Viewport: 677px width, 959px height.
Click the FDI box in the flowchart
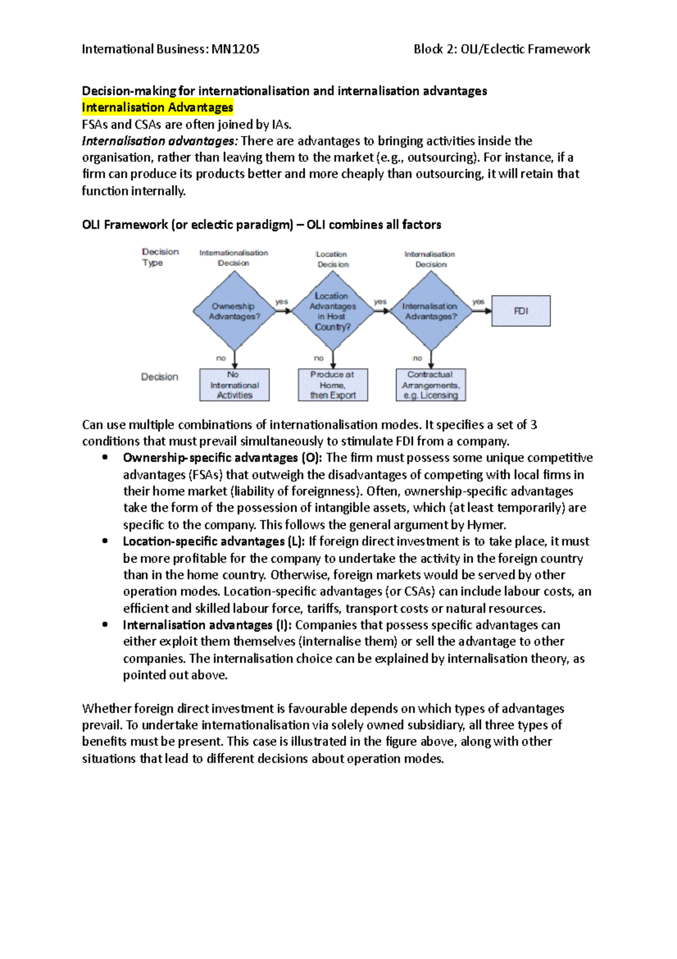tap(521, 311)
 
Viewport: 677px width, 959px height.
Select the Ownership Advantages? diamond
tap(234, 311)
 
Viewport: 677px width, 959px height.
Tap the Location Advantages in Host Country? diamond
tap(332, 311)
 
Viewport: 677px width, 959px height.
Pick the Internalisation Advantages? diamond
tap(430, 311)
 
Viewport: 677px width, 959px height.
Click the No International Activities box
tap(234, 385)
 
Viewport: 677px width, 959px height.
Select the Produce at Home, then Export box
tap(333, 385)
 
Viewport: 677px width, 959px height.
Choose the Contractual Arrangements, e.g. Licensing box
tap(431, 385)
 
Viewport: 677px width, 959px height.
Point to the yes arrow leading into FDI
tap(481, 310)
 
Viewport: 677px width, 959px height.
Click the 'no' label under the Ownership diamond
tap(221, 358)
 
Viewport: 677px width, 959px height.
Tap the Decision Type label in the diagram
tap(160, 257)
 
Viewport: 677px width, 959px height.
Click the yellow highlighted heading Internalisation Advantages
tap(157, 107)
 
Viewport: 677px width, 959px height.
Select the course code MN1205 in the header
tap(236, 49)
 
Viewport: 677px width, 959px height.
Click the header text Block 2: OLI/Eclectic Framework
tap(502, 49)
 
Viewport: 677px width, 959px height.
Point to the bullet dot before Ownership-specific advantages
tap(105, 457)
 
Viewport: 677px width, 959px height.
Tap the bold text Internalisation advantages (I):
tap(208, 625)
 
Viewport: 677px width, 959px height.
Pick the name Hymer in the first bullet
tap(486, 525)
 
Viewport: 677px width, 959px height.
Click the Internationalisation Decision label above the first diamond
tap(234, 258)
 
